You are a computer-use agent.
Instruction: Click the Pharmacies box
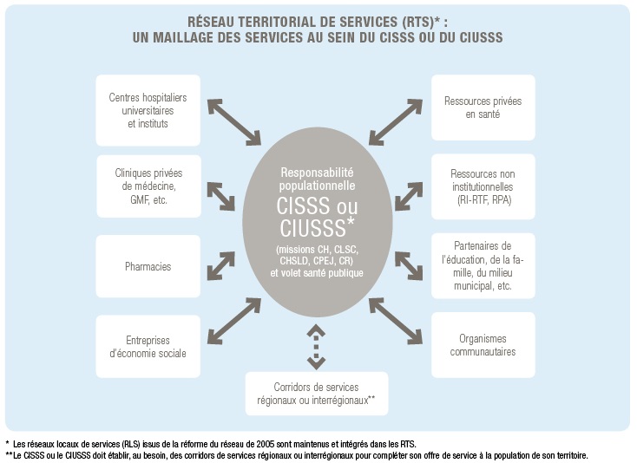coord(148,266)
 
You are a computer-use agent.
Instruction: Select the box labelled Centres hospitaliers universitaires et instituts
coord(148,111)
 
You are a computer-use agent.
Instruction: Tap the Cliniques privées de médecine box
coord(148,186)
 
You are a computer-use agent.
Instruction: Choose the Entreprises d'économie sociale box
coord(148,345)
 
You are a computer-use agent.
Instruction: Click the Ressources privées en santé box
coord(483,108)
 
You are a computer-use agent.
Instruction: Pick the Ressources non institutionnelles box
coord(483,186)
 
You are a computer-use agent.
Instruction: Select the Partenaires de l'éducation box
coord(483,265)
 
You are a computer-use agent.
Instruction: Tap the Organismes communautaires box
coord(483,345)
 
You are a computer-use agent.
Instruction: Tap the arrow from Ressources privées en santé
coord(401,121)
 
